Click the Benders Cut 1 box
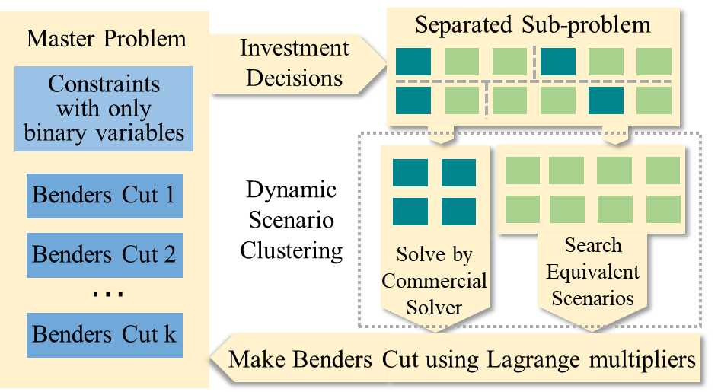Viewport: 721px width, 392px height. pyautogui.click(x=104, y=196)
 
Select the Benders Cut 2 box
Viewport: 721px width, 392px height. pyautogui.click(x=104, y=253)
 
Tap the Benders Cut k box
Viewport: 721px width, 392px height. pyautogui.click(x=104, y=333)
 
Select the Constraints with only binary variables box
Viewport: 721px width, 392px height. pyautogui.click(x=104, y=108)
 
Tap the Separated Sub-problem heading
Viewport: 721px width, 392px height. pyautogui.click(x=533, y=25)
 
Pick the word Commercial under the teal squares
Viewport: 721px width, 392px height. pyautogui.click(x=434, y=281)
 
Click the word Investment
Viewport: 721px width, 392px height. pyautogui.click(x=295, y=49)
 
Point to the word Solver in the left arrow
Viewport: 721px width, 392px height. pyautogui.click(x=434, y=307)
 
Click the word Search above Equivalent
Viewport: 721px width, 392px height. pyautogui.click(x=593, y=246)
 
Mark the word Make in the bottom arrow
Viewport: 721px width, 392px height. pyautogui.click(x=257, y=359)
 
